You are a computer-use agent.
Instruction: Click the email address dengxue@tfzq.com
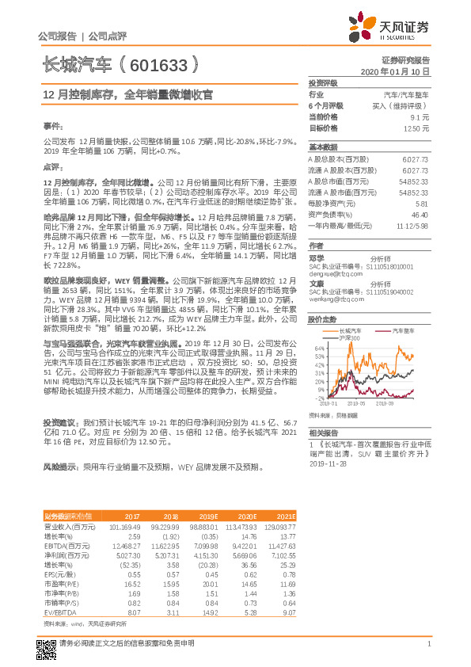(330, 274)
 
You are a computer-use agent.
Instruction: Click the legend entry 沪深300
(349, 337)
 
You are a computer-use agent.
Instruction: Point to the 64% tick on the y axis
(319, 348)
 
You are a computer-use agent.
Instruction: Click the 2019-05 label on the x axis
(371, 402)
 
